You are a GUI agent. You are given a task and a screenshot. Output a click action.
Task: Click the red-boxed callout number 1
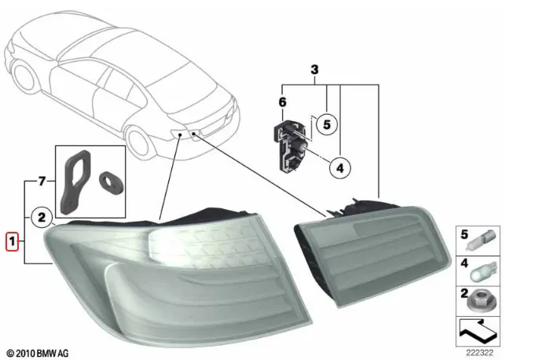click(x=12, y=241)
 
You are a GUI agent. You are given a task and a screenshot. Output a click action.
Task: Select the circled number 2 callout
click(x=42, y=217)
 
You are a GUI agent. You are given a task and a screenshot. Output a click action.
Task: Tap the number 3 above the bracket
click(x=314, y=69)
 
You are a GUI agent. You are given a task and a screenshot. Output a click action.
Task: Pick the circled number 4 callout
click(x=340, y=168)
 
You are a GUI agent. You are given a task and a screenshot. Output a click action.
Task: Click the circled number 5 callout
click(x=327, y=124)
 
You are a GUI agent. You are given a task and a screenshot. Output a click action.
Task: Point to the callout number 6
click(x=283, y=102)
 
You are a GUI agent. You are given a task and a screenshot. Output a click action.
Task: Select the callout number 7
click(x=42, y=181)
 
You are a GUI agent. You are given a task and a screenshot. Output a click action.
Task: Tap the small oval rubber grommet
click(x=111, y=183)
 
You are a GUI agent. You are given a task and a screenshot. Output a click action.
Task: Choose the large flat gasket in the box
click(x=75, y=182)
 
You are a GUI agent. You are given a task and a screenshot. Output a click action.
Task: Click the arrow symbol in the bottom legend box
click(x=478, y=332)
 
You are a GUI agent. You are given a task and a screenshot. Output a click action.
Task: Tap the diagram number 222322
click(x=480, y=353)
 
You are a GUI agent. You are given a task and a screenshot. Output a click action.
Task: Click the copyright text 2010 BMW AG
click(x=38, y=353)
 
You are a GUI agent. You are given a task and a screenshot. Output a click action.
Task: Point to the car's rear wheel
click(x=139, y=141)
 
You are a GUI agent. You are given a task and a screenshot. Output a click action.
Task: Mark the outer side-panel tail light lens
click(x=176, y=279)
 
